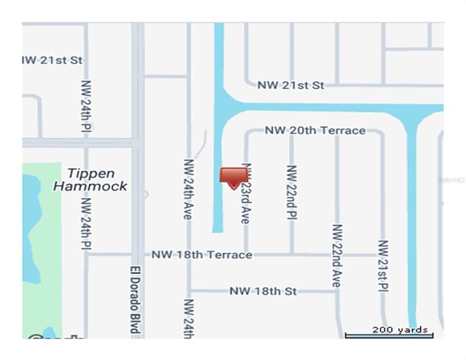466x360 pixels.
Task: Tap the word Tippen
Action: point(91,173)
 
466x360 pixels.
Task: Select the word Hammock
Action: point(90,186)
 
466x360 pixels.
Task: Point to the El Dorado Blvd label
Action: point(133,298)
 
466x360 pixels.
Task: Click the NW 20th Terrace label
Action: point(315,130)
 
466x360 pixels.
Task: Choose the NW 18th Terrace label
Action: point(202,254)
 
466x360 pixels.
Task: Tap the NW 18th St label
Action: point(263,290)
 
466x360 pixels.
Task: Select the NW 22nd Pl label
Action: point(292,192)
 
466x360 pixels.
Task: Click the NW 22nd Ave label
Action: point(337,255)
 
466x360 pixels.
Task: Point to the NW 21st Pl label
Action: point(383,265)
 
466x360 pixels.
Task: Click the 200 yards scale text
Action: point(399,329)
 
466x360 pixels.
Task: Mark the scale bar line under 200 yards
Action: point(389,335)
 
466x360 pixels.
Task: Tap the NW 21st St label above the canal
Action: point(291,85)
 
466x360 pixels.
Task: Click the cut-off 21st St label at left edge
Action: point(52,60)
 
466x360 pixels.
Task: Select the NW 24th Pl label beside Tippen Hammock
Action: point(86,223)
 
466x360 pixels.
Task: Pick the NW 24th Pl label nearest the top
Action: point(86,106)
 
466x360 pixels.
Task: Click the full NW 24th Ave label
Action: point(188,189)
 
